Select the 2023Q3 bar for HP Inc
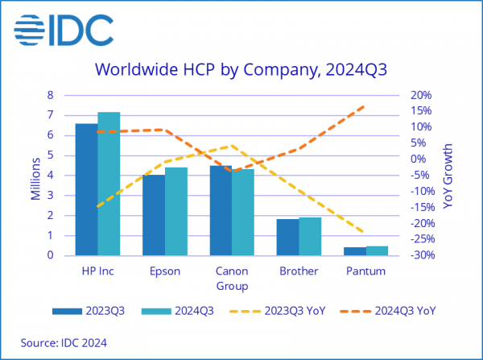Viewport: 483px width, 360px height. tap(86, 190)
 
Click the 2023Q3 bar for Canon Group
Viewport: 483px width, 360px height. tap(221, 211)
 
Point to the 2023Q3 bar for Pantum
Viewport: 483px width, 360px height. tap(355, 251)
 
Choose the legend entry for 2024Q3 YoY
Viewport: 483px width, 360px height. tap(395, 310)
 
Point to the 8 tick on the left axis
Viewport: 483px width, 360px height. tap(50, 95)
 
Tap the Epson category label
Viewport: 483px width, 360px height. tap(164, 271)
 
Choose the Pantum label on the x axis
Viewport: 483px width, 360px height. tap(365, 271)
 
